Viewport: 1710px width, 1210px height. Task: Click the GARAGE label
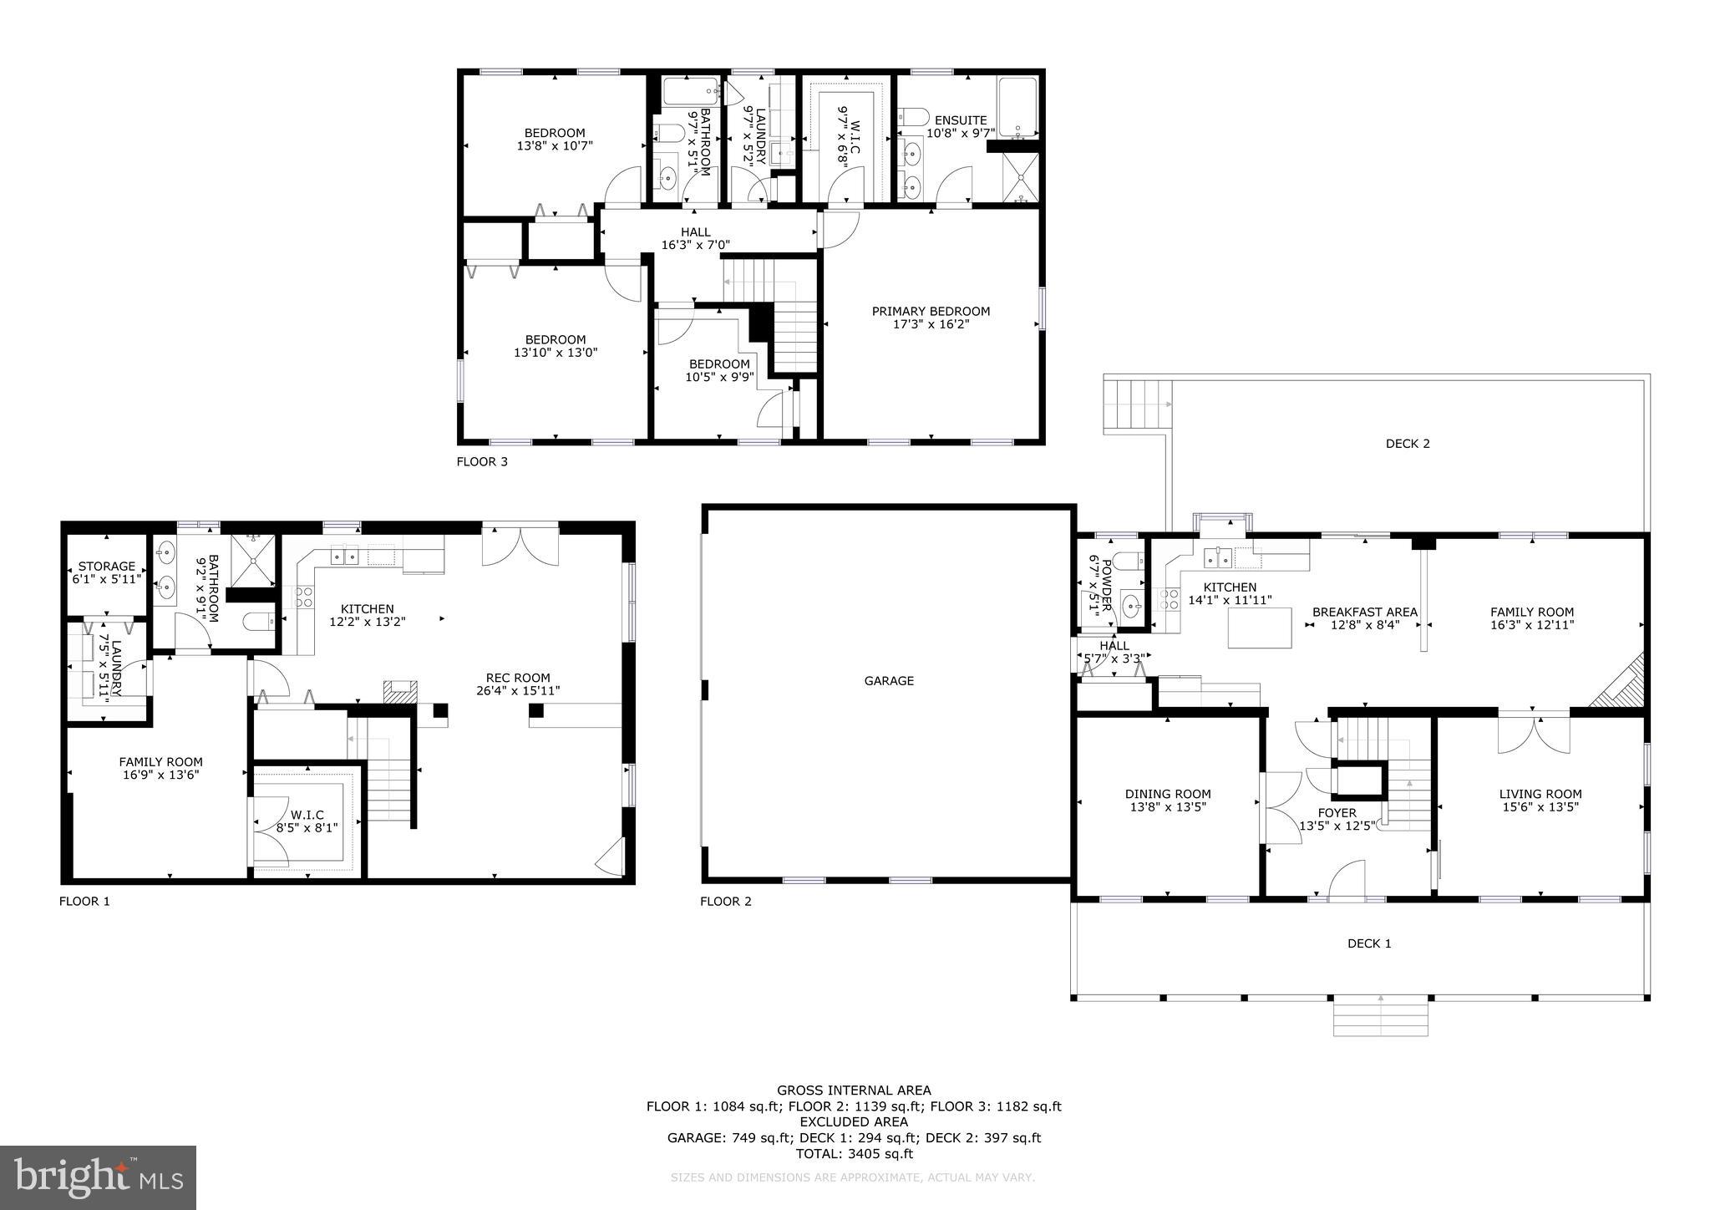(889, 681)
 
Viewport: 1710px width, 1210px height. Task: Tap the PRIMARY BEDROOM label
(931, 311)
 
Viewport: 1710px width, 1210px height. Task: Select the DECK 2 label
(1408, 444)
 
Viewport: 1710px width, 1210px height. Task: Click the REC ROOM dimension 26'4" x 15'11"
(519, 691)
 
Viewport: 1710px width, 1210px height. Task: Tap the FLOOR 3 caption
(482, 461)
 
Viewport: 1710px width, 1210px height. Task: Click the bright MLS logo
(99, 1177)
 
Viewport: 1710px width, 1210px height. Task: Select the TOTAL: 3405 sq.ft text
(854, 1154)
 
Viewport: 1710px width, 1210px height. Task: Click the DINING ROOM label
(1167, 794)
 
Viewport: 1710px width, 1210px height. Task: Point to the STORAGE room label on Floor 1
(107, 566)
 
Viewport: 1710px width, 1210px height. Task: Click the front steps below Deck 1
(1380, 1017)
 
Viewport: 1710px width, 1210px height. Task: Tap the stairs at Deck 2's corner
(1136, 404)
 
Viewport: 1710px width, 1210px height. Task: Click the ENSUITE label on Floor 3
(961, 120)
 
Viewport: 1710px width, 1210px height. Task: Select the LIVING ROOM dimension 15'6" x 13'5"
(1540, 807)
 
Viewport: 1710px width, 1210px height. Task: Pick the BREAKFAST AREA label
(1364, 612)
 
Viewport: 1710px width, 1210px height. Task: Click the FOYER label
(1337, 812)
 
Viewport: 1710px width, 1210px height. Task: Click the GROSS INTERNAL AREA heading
(854, 1090)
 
